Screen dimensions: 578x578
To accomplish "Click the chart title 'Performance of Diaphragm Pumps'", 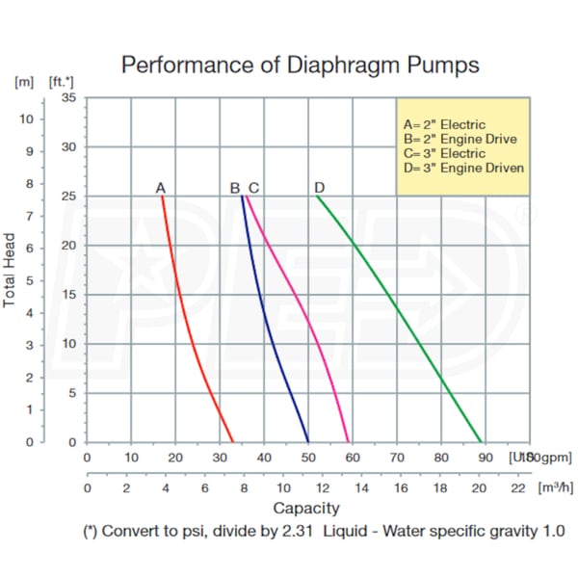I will click(300, 66).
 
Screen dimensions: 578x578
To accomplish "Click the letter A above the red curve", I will click(161, 187).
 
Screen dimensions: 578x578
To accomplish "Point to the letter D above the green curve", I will click(319, 187).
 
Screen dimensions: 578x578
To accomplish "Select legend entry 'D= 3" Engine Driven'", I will click(460, 168).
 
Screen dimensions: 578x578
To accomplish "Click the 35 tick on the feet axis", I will click(68, 97).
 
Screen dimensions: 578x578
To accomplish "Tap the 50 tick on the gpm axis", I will click(308, 458).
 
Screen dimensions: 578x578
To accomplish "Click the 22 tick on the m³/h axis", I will click(517, 488).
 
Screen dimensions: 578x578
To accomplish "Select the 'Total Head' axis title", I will click(11, 272).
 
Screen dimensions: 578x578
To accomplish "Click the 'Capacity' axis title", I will click(306, 508).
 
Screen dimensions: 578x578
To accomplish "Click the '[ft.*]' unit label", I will click(62, 81).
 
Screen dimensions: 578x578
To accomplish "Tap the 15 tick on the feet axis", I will click(68, 295).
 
